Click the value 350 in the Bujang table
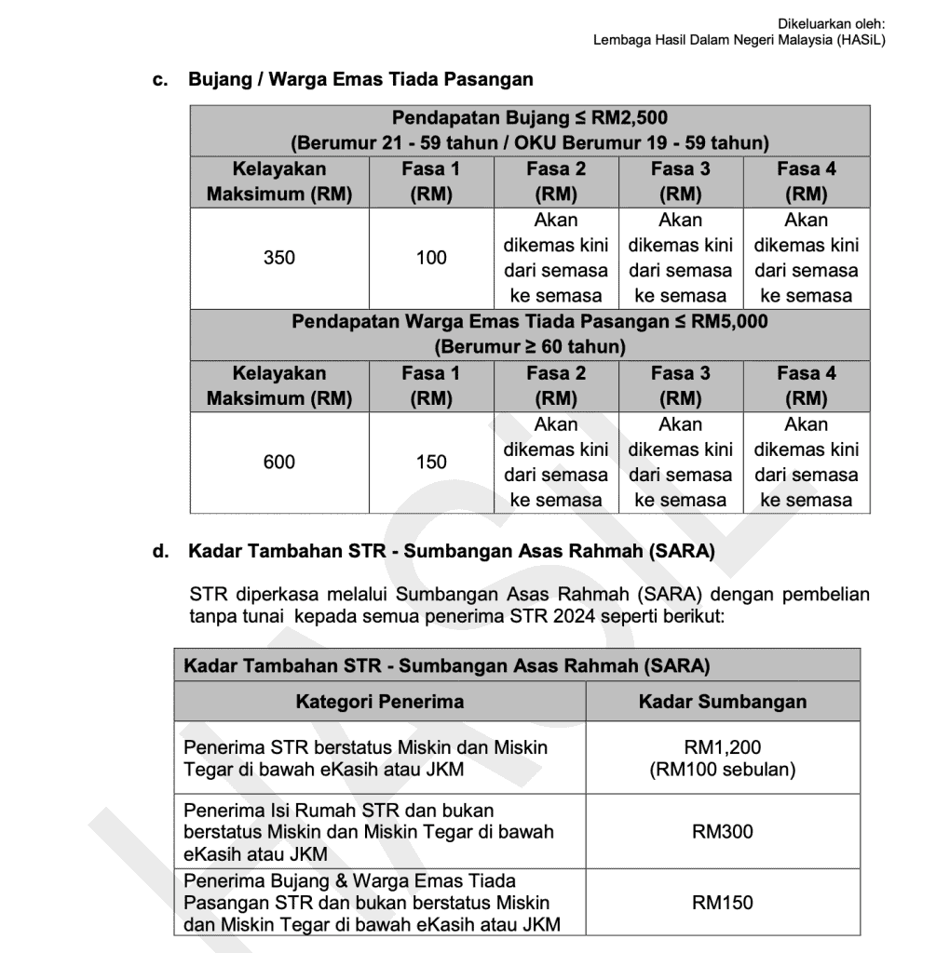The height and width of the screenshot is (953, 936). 278,258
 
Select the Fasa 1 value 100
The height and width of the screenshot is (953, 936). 431,258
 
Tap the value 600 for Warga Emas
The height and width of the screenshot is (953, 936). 278,462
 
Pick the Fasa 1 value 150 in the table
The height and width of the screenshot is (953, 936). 431,462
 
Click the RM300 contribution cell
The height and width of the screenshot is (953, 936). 722,832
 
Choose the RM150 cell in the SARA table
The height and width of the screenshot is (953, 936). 722,902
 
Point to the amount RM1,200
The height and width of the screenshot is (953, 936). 722,747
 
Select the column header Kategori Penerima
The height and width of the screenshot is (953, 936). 379,702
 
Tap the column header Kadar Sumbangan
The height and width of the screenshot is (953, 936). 722,702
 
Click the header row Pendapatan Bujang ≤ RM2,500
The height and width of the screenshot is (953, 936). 529,118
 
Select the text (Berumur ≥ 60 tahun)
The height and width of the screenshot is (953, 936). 529,347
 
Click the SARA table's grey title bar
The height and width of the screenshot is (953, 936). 517,666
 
